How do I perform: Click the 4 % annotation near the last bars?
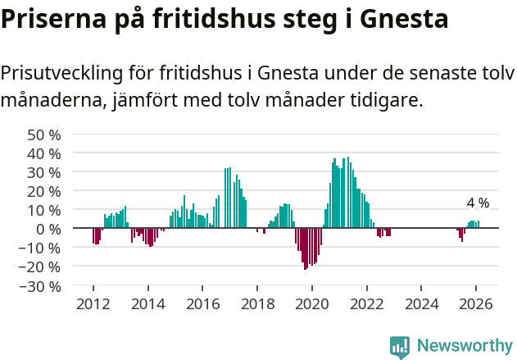tap(478, 203)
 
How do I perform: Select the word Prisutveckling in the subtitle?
tap(61, 73)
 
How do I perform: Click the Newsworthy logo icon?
tap(400, 346)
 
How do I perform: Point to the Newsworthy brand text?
tap(464, 346)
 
